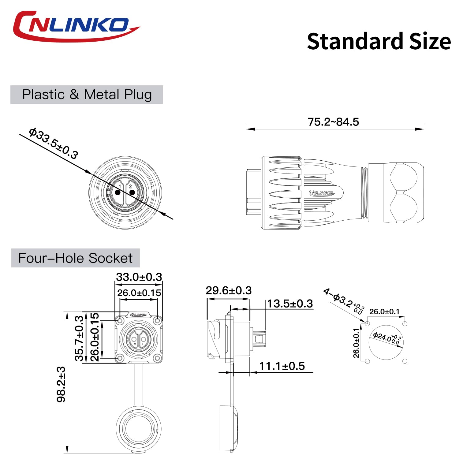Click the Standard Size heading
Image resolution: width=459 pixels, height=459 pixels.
(379, 41)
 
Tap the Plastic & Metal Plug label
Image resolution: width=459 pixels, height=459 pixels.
(87, 95)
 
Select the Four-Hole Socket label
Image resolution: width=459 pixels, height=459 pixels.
(75, 258)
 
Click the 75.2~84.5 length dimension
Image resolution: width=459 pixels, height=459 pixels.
(333, 122)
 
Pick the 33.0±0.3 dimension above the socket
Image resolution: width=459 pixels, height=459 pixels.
(139, 277)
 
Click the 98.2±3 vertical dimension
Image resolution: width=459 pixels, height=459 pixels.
(61, 384)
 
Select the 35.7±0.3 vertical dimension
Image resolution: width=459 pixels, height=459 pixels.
(79, 338)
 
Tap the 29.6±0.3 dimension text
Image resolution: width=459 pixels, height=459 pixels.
(229, 290)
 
